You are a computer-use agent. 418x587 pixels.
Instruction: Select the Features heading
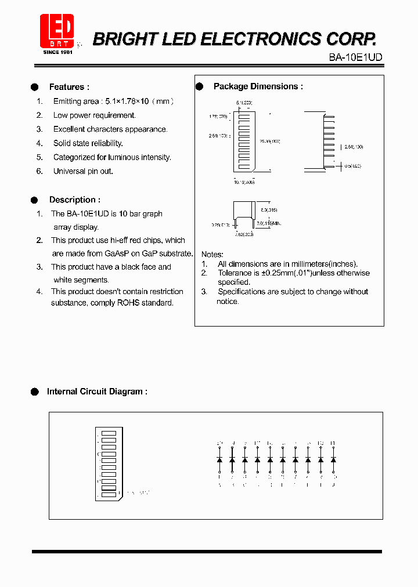(69, 87)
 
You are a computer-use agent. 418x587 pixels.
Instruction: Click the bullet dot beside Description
(34, 200)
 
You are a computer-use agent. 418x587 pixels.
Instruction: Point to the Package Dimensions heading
(258, 86)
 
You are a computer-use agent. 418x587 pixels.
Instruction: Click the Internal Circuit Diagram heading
(97, 392)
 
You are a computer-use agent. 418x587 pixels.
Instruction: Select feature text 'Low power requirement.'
(94, 115)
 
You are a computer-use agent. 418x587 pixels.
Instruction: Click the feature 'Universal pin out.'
(83, 171)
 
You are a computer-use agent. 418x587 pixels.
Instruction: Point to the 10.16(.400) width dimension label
(244, 182)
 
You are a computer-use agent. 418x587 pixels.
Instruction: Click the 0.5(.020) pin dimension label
(352, 166)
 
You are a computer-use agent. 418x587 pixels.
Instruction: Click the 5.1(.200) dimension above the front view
(244, 102)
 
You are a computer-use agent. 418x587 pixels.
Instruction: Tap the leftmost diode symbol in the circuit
(219, 459)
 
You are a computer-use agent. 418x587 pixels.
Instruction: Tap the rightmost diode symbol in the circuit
(333, 459)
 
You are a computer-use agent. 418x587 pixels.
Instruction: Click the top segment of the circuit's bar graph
(109, 433)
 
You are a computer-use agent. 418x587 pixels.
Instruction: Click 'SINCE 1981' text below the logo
(58, 52)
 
